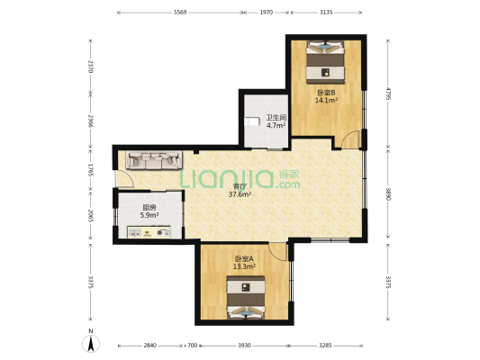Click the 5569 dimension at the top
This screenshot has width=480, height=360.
point(180,13)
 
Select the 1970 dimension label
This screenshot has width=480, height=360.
point(266,13)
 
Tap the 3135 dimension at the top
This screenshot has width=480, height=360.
point(326,13)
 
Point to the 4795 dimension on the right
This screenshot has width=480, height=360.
point(388,94)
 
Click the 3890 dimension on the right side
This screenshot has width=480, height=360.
point(388,193)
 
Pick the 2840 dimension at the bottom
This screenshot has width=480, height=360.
point(150,346)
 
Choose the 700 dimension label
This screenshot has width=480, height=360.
point(192,346)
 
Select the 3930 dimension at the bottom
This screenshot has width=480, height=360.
point(244,346)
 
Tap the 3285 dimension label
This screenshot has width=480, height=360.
point(325,346)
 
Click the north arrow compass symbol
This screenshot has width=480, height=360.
point(91,343)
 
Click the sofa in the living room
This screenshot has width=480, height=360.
point(154,160)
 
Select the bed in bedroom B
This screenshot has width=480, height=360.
point(325,62)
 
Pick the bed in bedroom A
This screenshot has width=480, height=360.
point(246,298)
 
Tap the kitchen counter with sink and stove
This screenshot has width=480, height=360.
point(149,232)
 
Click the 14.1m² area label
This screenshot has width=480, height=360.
point(326,100)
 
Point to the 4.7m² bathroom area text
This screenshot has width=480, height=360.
point(276,125)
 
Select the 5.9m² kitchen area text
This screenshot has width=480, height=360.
point(149,215)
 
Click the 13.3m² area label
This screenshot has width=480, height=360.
point(244,266)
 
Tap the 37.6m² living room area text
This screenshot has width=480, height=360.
point(240,193)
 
